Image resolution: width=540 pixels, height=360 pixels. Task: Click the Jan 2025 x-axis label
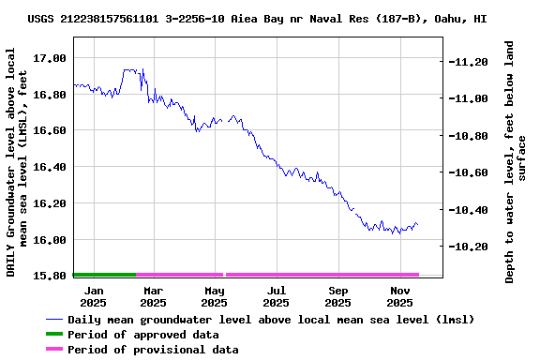[93, 296]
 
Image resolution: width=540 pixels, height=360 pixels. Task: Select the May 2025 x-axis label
[214, 296]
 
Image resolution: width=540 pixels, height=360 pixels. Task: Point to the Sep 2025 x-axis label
[338, 296]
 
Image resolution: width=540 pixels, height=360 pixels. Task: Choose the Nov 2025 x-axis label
[400, 296]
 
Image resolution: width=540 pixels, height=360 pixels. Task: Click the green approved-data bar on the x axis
[104, 275]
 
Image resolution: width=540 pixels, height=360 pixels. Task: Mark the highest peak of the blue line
[127, 69]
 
